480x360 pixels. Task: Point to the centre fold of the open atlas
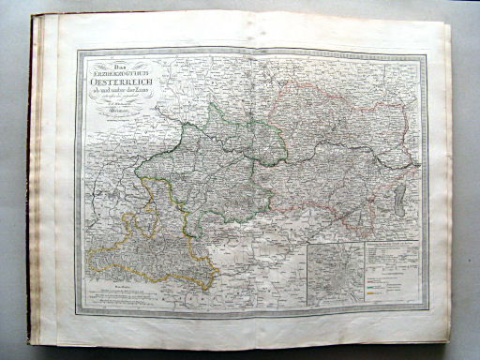(247, 178)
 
